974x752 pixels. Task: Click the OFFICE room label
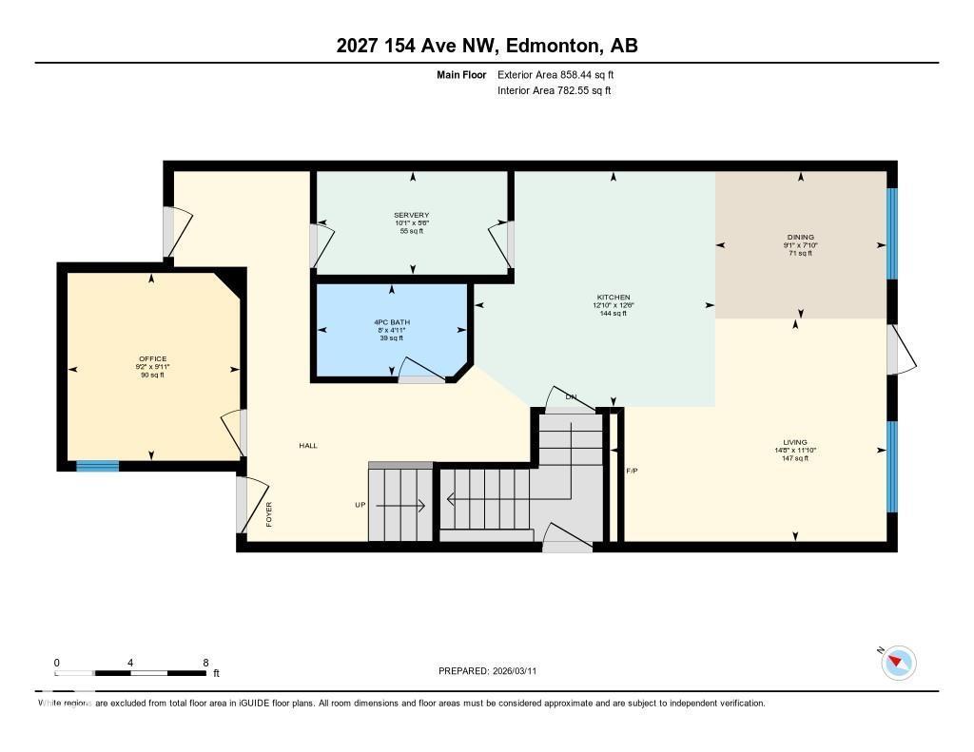[x=152, y=358]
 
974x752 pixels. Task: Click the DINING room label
[x=800, y=237]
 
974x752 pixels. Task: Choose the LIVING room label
[x=794, y=442]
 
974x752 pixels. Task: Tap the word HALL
[x=308, y=445]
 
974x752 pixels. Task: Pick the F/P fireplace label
[x=632, y=471]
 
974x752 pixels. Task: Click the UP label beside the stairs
[x=360, y=505]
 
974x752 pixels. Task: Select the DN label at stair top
[x=571, y=396]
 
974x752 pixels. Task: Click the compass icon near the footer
[x=898, y=662]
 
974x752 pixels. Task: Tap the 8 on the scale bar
[x=205, y=663]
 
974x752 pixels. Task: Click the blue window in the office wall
[x=97, y=466]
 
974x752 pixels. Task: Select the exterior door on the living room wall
[x=899, y=351]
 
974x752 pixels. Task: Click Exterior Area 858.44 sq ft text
[x=562, y=74]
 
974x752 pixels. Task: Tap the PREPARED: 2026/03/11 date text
[x=493, y=671]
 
